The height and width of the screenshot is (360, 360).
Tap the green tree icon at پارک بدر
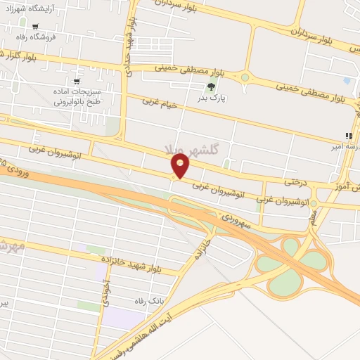point(210,87)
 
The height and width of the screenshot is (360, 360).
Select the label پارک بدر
point(210,99)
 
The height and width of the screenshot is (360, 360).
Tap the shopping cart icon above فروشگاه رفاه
point(35,27)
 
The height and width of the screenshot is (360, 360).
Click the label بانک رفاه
point(146,300)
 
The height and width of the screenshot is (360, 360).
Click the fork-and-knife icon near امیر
point(349,136)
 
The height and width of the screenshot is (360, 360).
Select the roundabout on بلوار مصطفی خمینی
point(245,77)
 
